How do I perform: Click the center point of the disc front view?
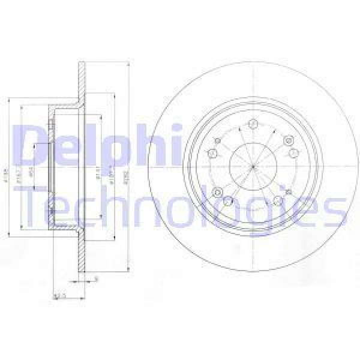[253, 165]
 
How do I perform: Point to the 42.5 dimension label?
[59, 295]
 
